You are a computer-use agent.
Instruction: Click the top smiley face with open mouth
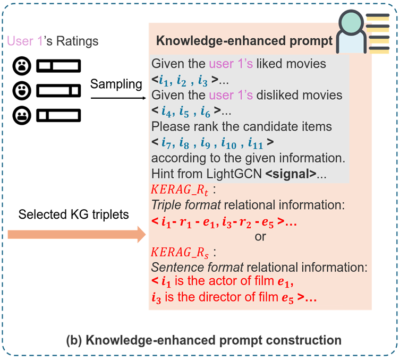(x=22, y=66)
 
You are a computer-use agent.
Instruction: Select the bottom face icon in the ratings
(x=22, y=114)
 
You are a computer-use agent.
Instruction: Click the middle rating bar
(x=58, y=90)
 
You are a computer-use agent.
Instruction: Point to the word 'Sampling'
(x=116, y=84)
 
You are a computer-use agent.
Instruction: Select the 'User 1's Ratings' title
(x=53, y=41)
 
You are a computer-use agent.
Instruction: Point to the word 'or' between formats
(x=260, y=237)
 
